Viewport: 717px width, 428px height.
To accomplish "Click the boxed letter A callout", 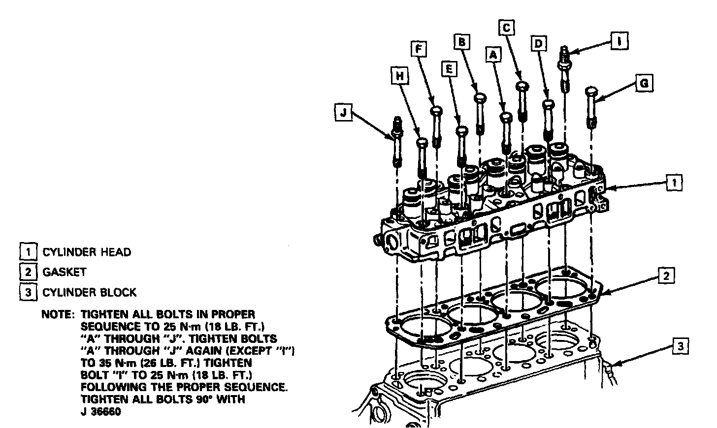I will pyautogui.click(x=493, y=56).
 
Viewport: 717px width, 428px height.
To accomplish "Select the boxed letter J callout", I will pyautogui.click(x=343, y=113).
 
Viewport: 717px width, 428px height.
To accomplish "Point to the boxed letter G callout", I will pyautogui.click(x=642, y=84).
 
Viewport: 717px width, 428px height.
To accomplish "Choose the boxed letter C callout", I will pyautogui.click(x=506, y=28).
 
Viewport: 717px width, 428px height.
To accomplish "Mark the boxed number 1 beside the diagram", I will pyautogui.click(x=674, y=183).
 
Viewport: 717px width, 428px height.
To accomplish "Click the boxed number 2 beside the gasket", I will pyautogui.click(x=666, y=276).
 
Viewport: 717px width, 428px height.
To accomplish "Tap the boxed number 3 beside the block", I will pyautogui.click(x=680, y=347).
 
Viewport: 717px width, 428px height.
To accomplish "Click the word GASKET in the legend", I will pyautogui.click(x=65, y=272).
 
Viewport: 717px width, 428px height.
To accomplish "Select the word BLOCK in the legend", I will pyautogui.click(x=118, y=292).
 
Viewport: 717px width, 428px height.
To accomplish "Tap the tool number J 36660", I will pyautogui.click(x=101, y=411).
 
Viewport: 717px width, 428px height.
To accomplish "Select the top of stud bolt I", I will pyautogui.click(x=564, y=49).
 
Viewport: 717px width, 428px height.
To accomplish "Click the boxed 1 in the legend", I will pyautogui.click(x=28, y=252).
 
